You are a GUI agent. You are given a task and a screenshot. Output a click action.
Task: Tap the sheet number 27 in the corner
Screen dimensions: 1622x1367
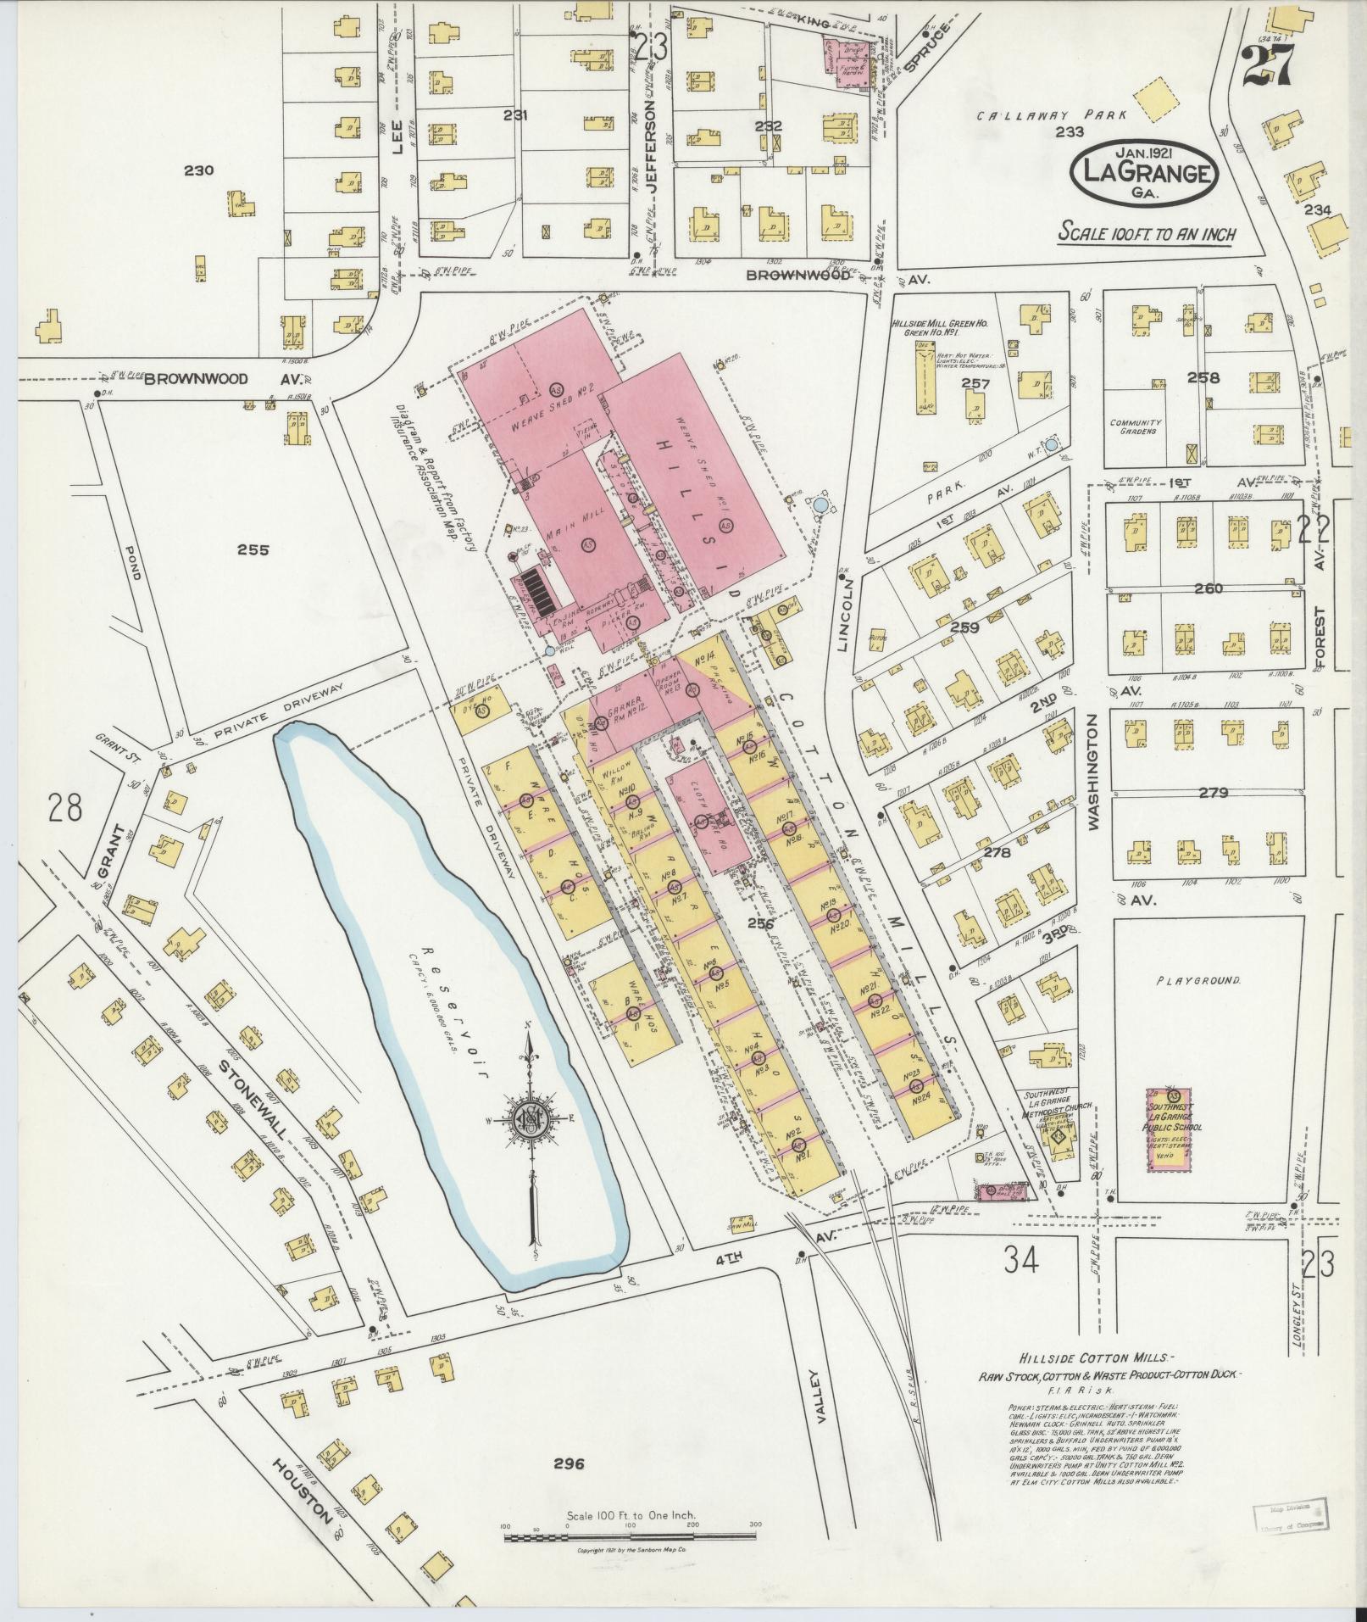[1268, 64]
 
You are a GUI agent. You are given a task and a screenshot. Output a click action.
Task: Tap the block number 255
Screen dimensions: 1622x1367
[253, 549]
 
